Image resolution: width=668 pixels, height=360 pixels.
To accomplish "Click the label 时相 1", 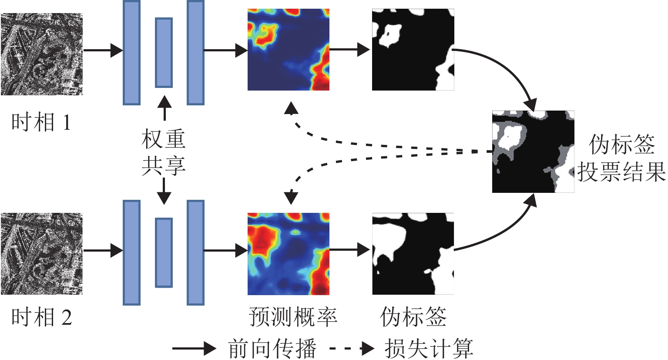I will (x=41, y=122).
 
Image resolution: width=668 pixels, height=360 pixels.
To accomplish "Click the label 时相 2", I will (x=41, y=317).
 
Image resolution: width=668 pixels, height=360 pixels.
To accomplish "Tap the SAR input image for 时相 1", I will (x=41, y=54).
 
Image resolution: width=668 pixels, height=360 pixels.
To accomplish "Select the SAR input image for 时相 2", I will (x=41, y=253).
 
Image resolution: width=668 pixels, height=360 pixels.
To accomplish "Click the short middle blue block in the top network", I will (x=164, y=53).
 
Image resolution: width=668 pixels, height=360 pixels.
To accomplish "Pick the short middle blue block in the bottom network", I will (x=164, y=252).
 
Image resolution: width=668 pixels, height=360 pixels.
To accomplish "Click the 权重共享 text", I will (x=164, y=152).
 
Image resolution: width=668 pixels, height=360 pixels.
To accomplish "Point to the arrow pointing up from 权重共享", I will (x=164, y=108).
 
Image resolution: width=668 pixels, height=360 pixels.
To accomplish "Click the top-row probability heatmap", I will (x=288, y=50).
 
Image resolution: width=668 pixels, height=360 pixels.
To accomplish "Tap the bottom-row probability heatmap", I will (x=288, y=254).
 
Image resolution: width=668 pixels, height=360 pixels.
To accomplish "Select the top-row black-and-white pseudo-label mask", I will (x=413, y=50).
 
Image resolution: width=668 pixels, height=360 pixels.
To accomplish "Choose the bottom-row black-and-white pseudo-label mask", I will (x=413, y=254).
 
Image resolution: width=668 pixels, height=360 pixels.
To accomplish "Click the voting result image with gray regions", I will (x=533, y=151).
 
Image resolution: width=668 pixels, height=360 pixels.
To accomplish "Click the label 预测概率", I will (x=293, y=317).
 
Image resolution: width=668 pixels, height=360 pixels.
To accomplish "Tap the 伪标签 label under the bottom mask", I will (x=413, y=317).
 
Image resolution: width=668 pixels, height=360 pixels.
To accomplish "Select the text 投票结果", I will (x=621, y=172).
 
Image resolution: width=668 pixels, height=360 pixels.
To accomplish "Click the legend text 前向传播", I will (x=272, y=348).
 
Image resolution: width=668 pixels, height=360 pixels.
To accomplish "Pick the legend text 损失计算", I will (x=429, y=348).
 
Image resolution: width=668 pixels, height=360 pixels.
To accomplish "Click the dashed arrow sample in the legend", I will (x=352, y=348).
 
